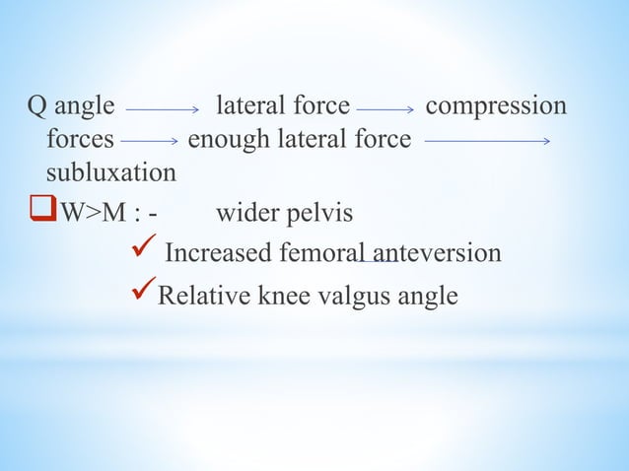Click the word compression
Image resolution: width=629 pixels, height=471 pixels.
496,105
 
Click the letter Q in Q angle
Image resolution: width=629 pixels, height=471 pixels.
36,106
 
